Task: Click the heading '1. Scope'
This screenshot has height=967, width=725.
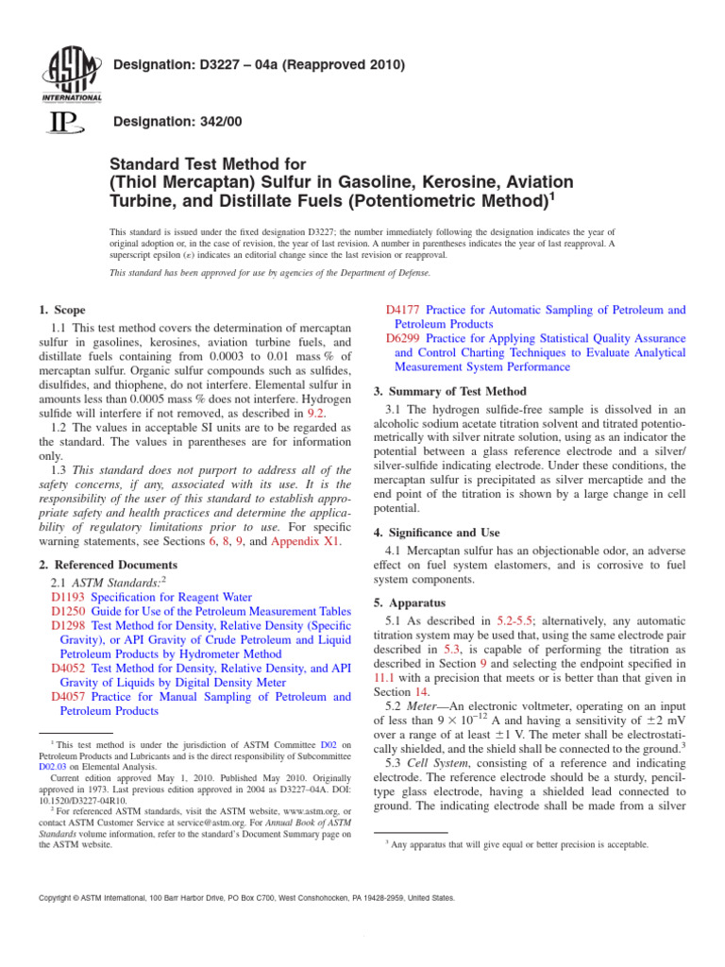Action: (x=62, y=310)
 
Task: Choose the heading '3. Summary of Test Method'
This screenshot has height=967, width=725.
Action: (x=450, y=391)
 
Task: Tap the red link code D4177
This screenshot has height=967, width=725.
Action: (x=404, y=310)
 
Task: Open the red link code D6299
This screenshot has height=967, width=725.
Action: (x=404, y=338)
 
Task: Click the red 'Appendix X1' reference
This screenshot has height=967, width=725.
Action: (x=308, y=542)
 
